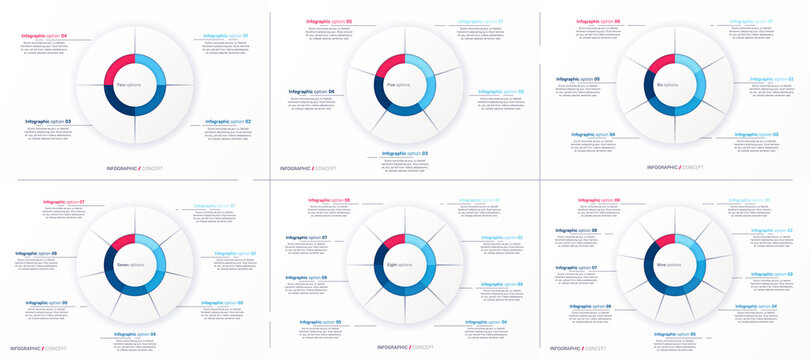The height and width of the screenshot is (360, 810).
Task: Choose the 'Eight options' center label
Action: click(399, 264)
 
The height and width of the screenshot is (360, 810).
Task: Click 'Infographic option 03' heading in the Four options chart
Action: click(46, 121)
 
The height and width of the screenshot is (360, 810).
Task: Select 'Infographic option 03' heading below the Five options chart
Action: click(405, 153)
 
